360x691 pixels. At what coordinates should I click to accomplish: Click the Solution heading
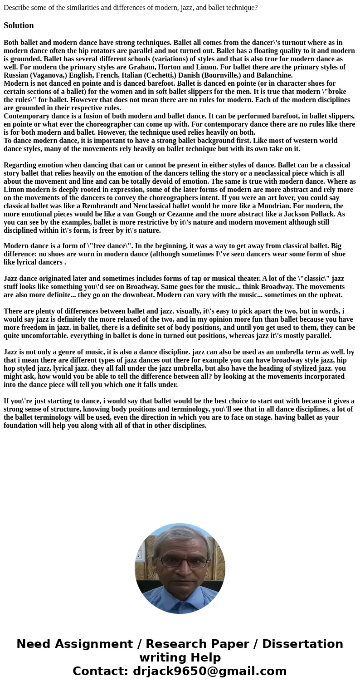coord(19,25)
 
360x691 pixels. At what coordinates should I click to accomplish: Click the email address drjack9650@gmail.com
coord(209,671)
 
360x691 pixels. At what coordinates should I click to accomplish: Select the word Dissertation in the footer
coord(302,644)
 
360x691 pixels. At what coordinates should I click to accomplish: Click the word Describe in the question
coord(17,8)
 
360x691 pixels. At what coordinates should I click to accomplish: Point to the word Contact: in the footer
coord(101,671)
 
